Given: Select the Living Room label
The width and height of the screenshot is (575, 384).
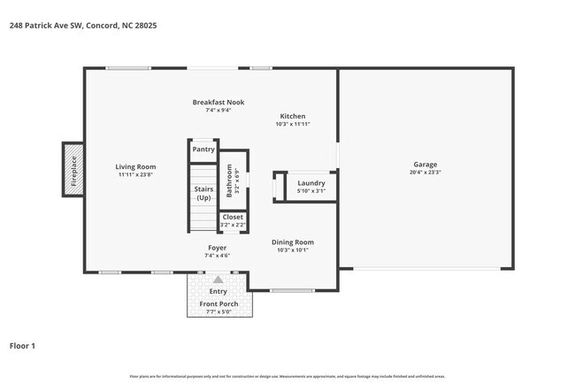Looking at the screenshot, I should click(136, 166).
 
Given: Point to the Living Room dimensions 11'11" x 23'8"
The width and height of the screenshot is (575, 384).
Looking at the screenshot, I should click(136, 174).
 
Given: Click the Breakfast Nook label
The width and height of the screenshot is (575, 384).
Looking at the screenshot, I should click(218, 103).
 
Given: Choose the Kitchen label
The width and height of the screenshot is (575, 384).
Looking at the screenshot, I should click(293, 117).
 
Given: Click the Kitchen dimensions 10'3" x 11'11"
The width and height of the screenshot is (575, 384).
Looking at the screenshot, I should click(293, 125).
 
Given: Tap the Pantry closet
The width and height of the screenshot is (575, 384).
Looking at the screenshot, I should click(203, 150).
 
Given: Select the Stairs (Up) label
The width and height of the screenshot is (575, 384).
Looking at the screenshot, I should click(203, 193).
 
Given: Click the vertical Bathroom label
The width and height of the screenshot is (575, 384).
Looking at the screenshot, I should click(229, 180).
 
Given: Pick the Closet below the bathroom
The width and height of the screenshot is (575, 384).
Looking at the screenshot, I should click(233, 217).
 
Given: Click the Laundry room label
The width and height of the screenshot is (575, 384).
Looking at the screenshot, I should click(310, 183).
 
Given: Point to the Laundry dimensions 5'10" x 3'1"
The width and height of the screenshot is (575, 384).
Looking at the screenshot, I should click(310, 191).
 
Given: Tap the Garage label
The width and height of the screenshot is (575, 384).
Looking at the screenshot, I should click(425, 165).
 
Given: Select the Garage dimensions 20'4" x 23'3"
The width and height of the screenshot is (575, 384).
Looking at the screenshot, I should click(425, 173).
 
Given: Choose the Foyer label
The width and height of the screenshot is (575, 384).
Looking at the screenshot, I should click(218, 248).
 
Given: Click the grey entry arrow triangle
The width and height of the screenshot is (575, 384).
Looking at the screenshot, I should click(218, 280).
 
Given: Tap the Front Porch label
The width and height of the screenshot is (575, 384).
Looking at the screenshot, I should click(218, 303).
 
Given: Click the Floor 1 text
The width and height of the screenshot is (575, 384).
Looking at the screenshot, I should click(22, 346).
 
